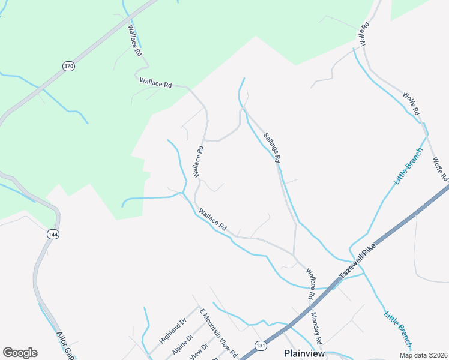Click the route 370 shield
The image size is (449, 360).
tap(69, 66)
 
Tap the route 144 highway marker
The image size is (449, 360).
tap(53, 234)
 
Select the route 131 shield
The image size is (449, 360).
tap(260, 346)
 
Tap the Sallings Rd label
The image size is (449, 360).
tap(272, 148)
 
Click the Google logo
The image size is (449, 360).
tap(20, 353)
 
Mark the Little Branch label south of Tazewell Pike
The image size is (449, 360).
tap(398, 328)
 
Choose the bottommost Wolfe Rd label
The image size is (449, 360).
tap(440, 169)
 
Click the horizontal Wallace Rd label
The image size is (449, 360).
tap(155, 83)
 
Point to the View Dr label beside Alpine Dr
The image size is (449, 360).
tap(199, 352)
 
